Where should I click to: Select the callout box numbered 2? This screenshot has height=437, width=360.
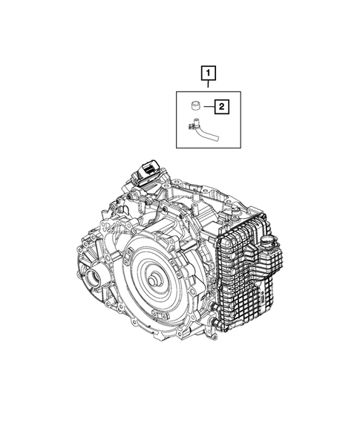point(221,107)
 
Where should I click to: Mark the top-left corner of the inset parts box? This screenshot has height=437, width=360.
point(176,90)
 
